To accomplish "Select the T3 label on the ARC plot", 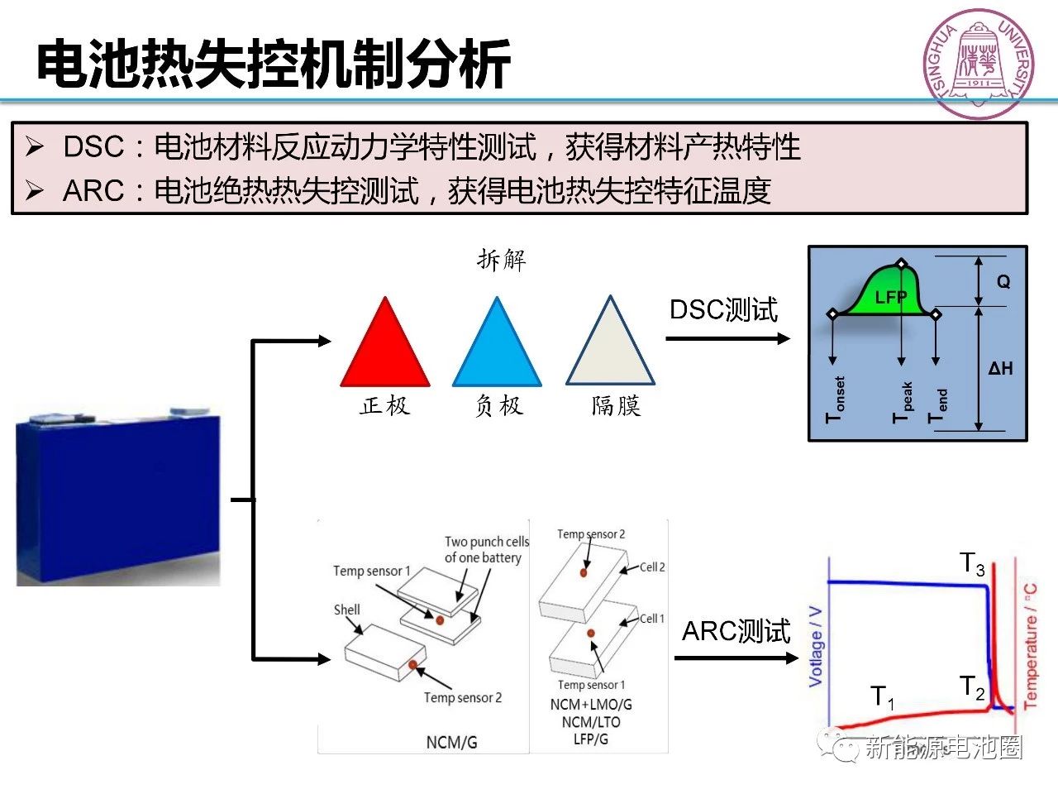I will [972, 564].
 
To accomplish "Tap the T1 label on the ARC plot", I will [883, 697].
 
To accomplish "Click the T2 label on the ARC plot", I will [972, 687].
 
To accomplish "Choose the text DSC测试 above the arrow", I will [723, 310].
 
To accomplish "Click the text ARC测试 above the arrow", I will [736, 632].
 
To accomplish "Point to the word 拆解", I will [501, 260].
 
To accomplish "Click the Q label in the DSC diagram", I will [1003, 282].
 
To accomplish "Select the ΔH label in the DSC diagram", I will [1000, 369].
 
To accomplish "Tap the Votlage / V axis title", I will [816, 646].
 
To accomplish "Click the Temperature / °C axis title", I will [1031, 646].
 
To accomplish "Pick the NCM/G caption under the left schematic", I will [451, 742].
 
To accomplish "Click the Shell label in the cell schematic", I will [347, 610].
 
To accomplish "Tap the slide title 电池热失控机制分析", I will [274, 64].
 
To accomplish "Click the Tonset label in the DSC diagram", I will [836, 399].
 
